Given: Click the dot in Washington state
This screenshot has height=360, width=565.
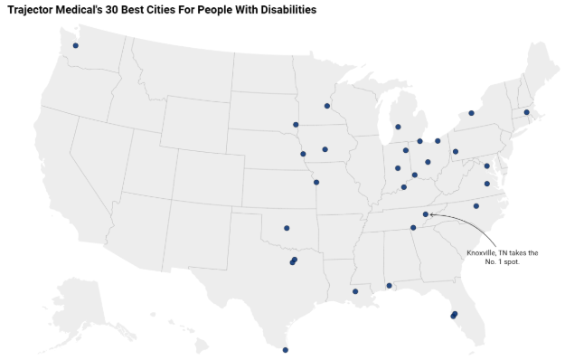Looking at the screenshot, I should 76,45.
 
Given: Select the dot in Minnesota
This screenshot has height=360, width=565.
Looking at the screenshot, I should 327,106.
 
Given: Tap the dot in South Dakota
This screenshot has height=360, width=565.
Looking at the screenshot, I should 296,125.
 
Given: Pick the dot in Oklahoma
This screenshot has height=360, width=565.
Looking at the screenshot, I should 287,229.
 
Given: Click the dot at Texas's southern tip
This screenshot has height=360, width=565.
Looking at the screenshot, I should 286,350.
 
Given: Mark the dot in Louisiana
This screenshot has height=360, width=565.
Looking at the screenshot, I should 355,291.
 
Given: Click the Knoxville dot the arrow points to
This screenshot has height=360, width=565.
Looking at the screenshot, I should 426,214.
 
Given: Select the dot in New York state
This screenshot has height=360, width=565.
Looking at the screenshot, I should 471,114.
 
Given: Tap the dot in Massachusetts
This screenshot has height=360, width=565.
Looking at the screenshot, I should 526,113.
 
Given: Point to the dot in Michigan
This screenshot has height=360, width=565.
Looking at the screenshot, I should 398,127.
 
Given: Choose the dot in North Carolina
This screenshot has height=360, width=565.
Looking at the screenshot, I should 476,207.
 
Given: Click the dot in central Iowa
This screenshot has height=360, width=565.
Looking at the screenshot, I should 325,149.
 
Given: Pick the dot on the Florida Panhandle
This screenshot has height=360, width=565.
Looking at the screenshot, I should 390,286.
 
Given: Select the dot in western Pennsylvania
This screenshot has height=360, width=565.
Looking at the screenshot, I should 456,151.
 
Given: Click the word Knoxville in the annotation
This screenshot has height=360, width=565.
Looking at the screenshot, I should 485,252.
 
